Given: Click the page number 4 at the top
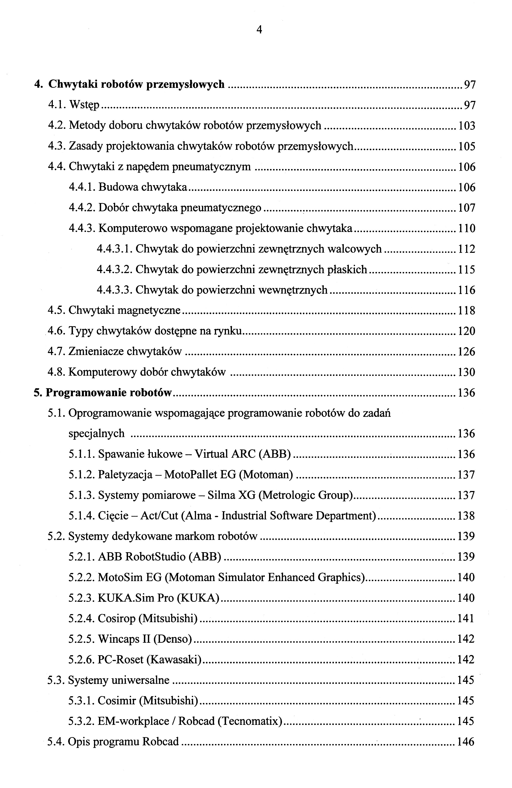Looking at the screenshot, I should click(x=259, y=30).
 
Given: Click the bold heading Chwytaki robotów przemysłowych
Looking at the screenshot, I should click(x=136, y=85).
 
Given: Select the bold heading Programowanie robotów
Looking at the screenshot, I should click(x=109, y=393).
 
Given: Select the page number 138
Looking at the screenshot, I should click(x=466, y=516).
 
